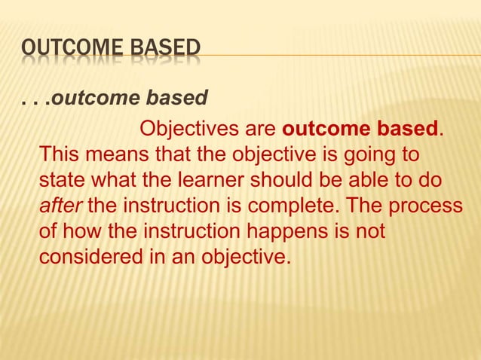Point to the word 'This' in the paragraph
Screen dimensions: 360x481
60,154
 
